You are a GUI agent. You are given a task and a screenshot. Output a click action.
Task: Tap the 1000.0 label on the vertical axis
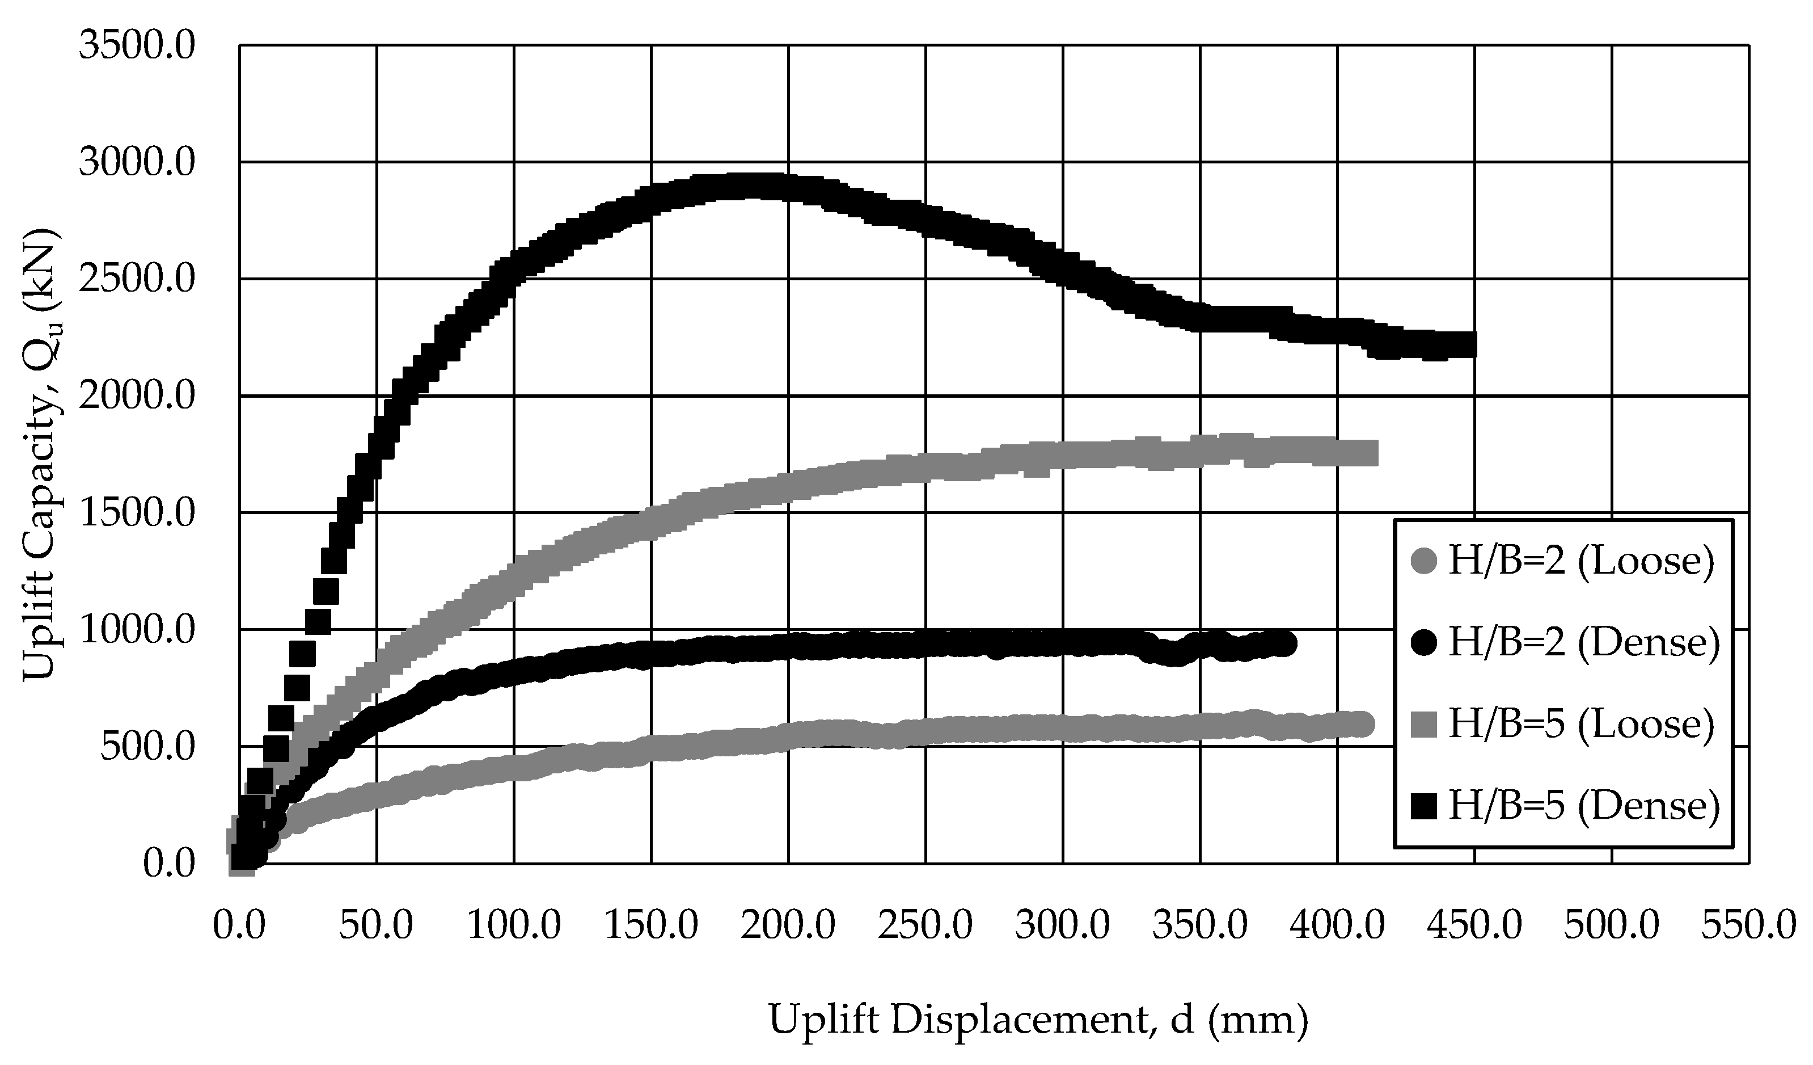[x=137, y=631]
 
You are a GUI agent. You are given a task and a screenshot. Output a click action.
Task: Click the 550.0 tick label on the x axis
[x=1748, y=925]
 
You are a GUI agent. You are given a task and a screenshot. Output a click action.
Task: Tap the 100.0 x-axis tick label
[x=514, y=925]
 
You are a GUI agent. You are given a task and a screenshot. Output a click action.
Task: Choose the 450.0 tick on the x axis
[x=1474, y=925]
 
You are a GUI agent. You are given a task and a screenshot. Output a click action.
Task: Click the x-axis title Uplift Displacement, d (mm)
[x=1039, y=1020]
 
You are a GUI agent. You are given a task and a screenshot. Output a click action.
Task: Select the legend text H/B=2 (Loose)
[x=1581, y=561]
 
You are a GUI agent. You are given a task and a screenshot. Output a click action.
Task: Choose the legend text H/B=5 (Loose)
[x=1581, y=723]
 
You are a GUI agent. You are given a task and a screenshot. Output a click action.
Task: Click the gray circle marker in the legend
[x=1425, y=561]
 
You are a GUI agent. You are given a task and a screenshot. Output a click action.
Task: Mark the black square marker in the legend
[x=1425, y=805]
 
